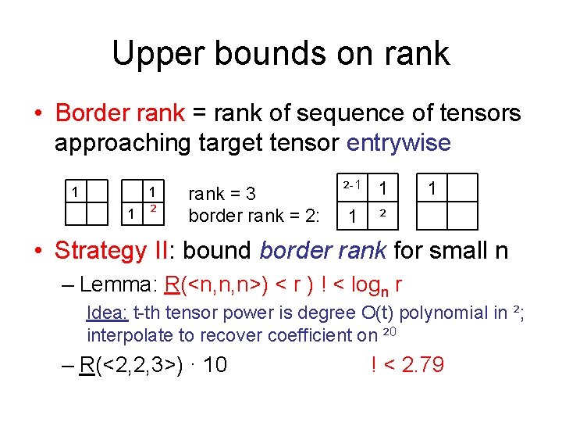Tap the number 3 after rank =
pos(272,194)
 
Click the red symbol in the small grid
pos(155,209)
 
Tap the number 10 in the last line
pos(214,365)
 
